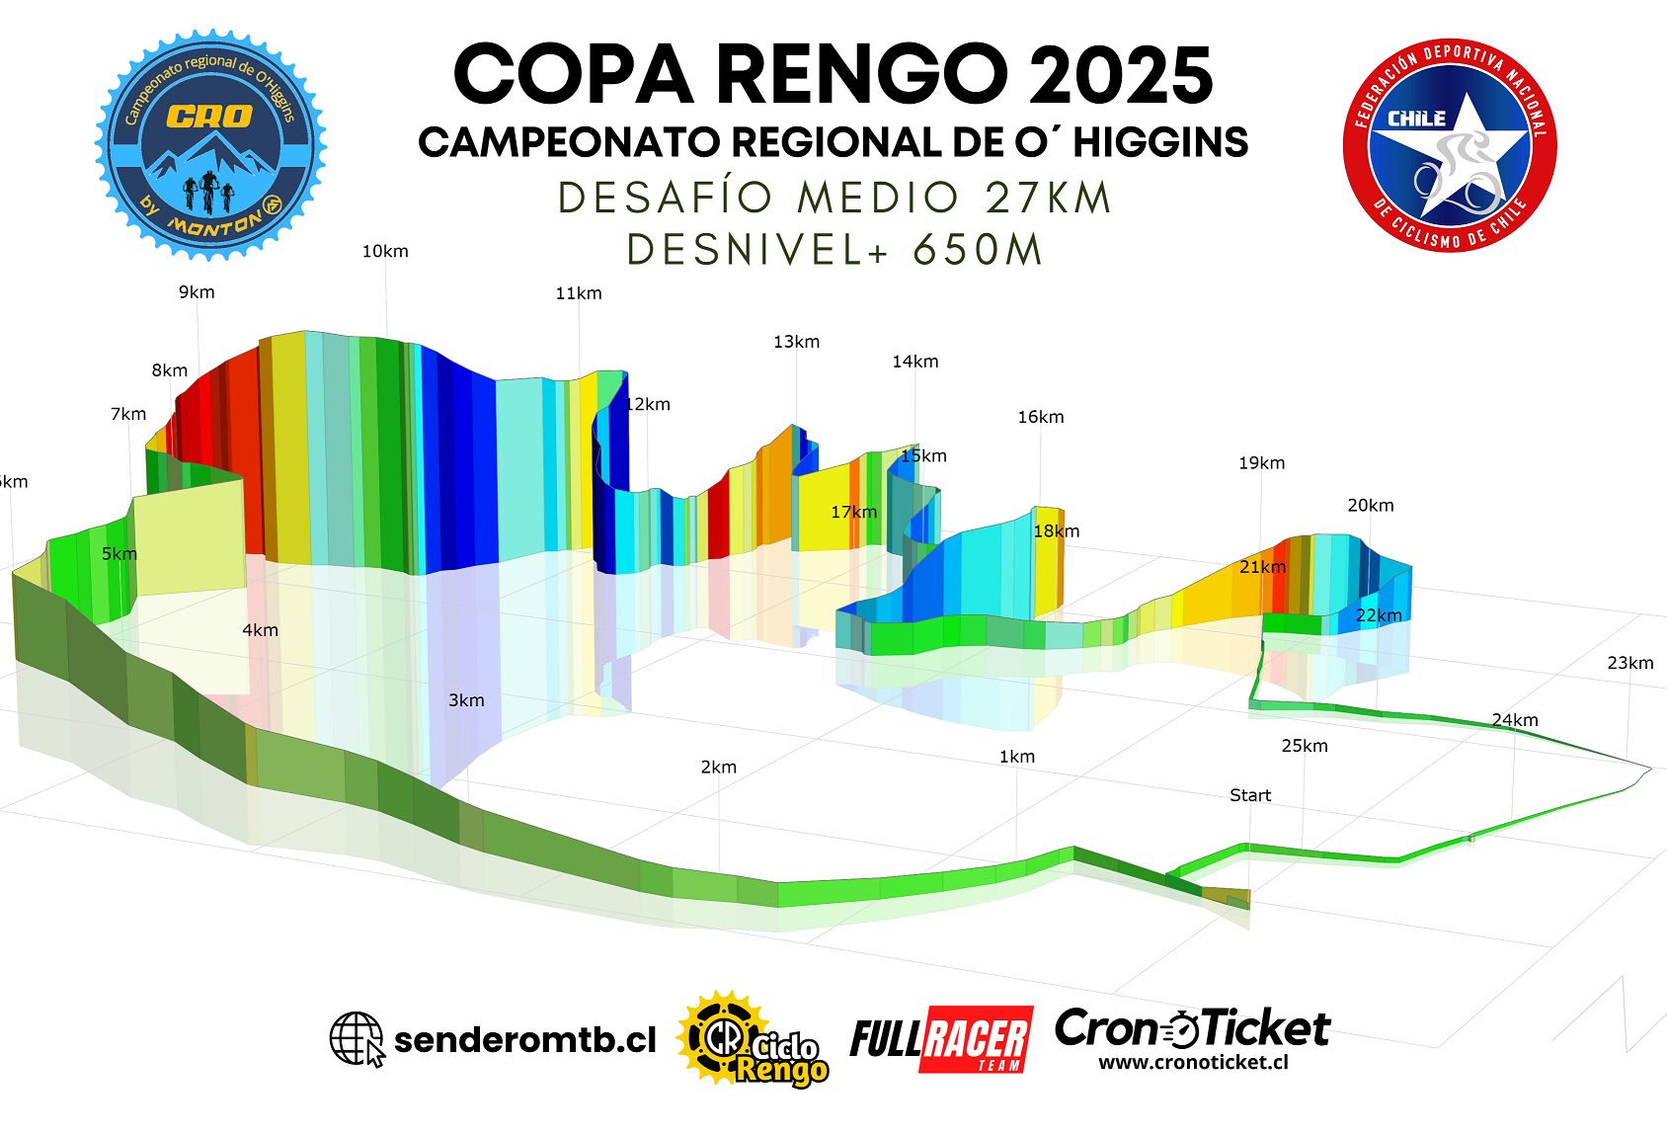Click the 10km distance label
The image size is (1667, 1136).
click(385, 252)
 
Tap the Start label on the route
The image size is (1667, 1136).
click(1250, 795)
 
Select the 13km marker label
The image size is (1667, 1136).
click(796, 342)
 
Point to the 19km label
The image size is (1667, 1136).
click(1261, 463)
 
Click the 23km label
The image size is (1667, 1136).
click(1629, 663)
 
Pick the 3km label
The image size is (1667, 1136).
click(466, 700)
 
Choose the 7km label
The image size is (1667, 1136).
click(128, 414)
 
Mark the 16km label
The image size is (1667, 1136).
click(1041, 417)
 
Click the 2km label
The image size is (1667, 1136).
click(718, 768)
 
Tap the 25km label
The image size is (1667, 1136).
click(1304, 746)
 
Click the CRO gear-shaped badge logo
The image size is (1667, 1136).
click(210, 145)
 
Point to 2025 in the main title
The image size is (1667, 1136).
click(1120, 75)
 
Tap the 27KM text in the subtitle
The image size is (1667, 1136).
click(1048, 198)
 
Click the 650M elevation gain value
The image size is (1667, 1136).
click(977, 250)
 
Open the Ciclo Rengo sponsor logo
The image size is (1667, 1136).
click(753, 1039)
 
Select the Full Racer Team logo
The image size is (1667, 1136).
click(940, 1039)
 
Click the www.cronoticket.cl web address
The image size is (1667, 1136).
click(1193, 1063)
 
